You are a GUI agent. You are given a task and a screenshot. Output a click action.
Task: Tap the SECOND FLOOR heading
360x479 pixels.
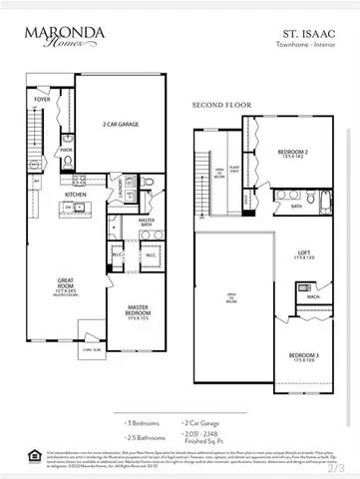pos(219,105)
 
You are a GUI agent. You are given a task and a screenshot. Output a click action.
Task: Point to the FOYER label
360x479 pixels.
pos(43,101)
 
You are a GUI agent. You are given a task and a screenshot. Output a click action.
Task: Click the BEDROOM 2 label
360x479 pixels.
pos(295,153)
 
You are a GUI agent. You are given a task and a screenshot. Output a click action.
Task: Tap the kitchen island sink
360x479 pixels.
pos(69,210)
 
